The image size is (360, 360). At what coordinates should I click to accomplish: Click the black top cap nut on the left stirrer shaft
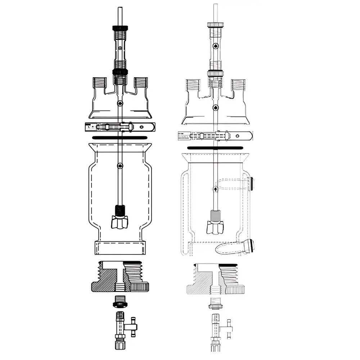(x=120, y=27)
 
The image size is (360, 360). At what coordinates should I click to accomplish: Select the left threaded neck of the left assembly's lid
(x=100, y=82)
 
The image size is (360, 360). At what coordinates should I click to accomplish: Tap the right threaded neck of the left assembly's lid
(x=141, y=82)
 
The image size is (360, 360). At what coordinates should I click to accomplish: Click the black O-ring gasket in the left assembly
(x=120, y=138)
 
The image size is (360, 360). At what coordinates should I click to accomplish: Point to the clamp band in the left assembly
(x=120, y=127)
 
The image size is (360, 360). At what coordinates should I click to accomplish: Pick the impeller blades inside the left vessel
(x=120, y=222)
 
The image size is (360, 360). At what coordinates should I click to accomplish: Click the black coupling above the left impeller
(x=120, y=210)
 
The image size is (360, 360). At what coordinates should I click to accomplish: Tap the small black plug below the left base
(x=120, y=302)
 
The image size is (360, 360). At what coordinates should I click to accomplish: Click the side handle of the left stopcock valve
(x=133, y=326)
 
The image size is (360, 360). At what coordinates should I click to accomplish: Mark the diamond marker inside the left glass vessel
(x=120, y=166)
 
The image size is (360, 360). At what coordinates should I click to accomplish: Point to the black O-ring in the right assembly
(x=215, y=148)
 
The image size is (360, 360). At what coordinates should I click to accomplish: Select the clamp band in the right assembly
(x=215, y=136)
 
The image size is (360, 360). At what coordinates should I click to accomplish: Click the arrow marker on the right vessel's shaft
(x=215, y=188)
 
